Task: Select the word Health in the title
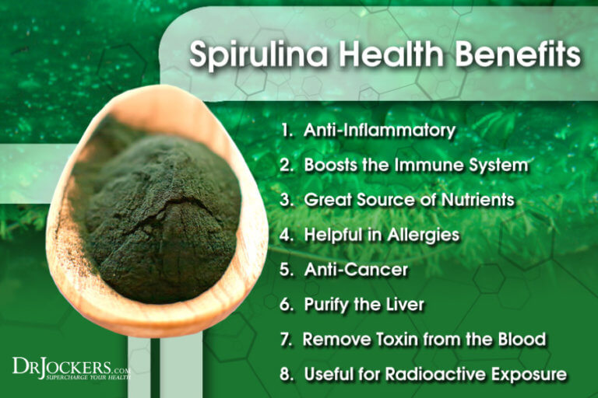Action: [387, 58]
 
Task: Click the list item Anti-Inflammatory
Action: [379, 131]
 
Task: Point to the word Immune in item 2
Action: [425, 165]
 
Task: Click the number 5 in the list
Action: [286, 269]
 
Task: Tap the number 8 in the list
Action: [286, 374]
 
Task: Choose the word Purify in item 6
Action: [327, 304]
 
